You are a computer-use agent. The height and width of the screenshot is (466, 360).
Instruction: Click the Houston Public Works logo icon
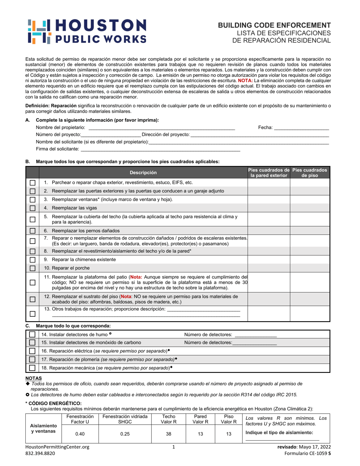click(x=40, y=31)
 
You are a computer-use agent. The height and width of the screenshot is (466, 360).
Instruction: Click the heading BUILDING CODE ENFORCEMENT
click(x=274, y=25)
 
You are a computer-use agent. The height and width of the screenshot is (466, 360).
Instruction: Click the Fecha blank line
click(x=301, y=128)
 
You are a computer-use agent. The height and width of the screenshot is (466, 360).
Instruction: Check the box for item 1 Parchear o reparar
click(x=33, y=183)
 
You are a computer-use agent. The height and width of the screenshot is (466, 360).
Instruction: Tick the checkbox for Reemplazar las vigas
click(x=33, y=208)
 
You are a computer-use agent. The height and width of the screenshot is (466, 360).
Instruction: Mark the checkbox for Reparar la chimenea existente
click(x=33, y=260)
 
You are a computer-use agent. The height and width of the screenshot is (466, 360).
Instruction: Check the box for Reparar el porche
click(x=33, y=268)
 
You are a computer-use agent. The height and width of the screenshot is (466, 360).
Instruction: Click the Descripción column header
click(x=143, y=173)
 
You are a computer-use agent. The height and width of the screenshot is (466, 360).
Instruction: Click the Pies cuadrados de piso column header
click(x=310, y=173)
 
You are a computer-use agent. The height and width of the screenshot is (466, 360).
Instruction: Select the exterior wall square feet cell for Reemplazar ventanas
click(x=269, y=200)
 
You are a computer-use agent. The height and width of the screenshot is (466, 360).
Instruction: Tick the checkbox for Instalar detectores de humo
click(x=33, y=335)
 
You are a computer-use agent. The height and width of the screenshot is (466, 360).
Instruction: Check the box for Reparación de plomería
click(x=33, y=359)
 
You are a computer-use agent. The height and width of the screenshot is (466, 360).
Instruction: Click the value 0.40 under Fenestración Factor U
click(x=80, y=434)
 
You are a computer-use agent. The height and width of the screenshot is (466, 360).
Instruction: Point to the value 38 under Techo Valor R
click(x=169, y=434)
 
